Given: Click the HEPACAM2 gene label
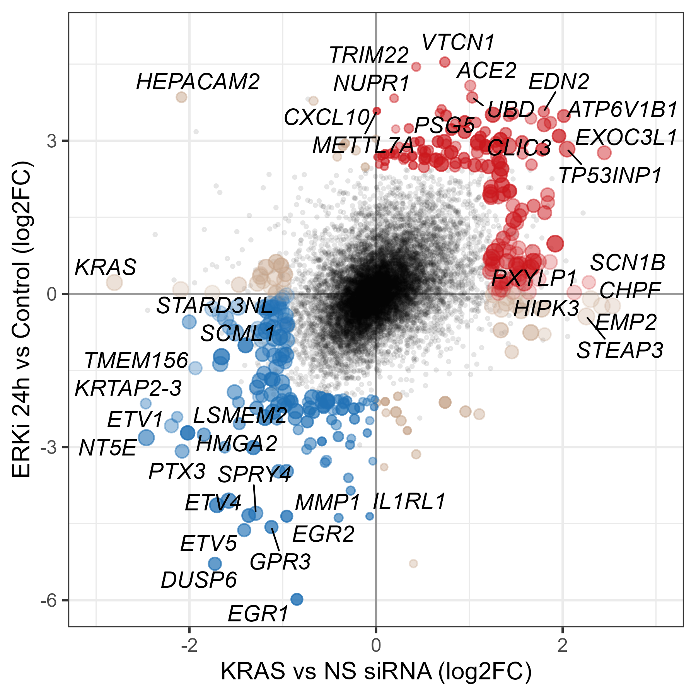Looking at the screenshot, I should [198, 82].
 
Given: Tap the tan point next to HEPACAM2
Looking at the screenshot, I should [181, 97].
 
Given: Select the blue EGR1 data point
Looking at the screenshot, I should [297, 599].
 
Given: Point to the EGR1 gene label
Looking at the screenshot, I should [258, 614].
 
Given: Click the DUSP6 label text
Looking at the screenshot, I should [199, 580].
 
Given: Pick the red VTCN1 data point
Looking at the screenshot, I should [445, 62].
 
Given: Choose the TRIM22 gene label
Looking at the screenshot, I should [369, 55].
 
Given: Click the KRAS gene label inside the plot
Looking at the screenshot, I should [106, 267].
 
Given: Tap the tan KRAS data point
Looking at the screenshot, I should [114, 282].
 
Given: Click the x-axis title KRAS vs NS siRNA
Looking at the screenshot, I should [376, 671].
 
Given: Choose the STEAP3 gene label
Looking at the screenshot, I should [620, 350].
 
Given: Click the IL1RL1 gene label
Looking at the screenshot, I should [409, 502].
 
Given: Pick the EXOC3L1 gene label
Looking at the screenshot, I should [626, 138].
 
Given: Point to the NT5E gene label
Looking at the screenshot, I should [107, 449].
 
